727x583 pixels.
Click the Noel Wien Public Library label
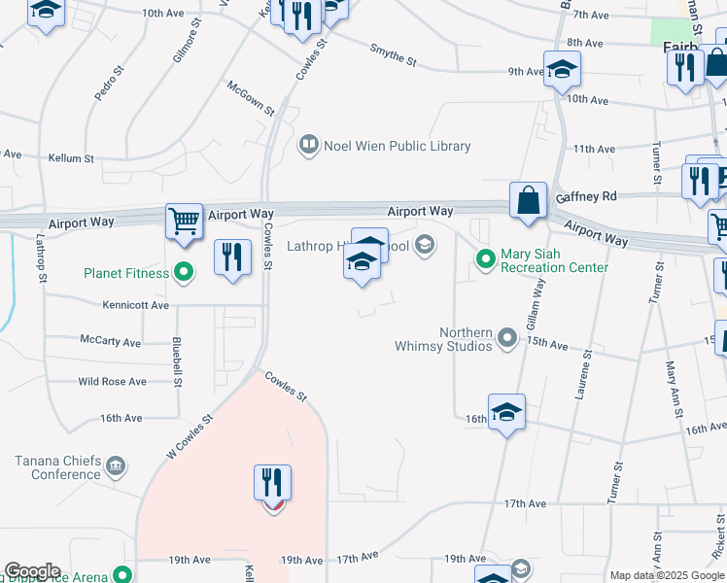click(x=398, y=146)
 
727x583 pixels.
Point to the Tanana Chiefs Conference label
click(x=66, y=467)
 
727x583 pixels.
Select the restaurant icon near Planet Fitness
click(x=231, y=257)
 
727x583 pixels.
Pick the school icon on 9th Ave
click(x=562, y=68)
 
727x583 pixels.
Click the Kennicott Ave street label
click(x=136, y=305)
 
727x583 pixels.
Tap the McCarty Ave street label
click(x=111, y=342)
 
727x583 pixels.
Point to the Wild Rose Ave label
click(x=112, y=382)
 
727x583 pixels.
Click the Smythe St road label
click(x=394, y=55)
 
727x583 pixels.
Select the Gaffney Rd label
click(x=586, y=196)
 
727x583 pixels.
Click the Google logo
click(x=32, y=571)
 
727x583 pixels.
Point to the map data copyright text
click(x=667, y=575)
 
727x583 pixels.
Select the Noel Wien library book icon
click(x=308, y=146)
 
